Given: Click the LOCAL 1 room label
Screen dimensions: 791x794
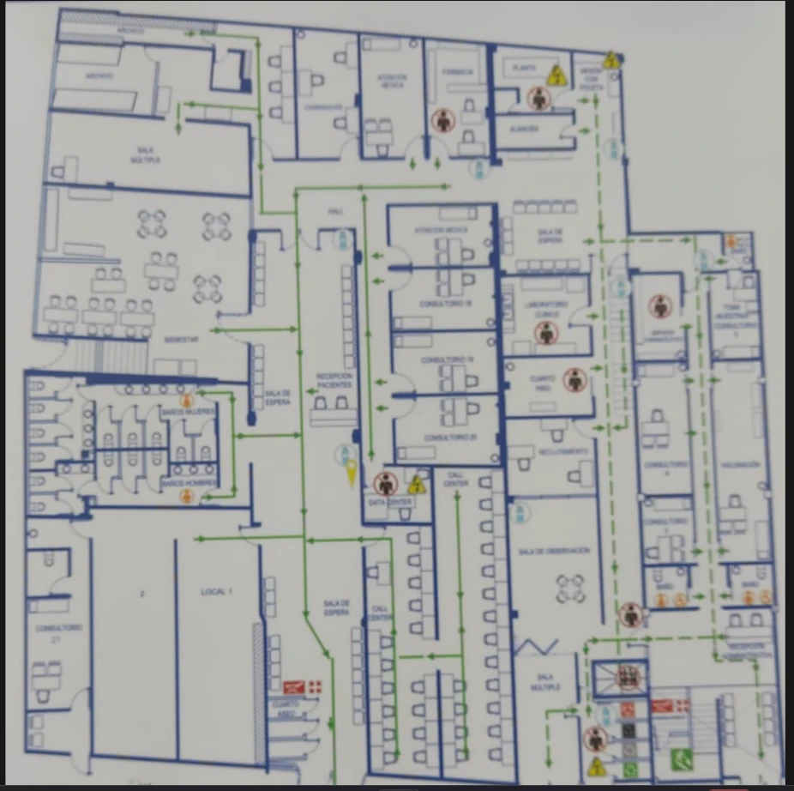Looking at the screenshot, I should click(x=217, y=593).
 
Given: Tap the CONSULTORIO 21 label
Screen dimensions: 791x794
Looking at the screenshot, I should click(x=59, y=632).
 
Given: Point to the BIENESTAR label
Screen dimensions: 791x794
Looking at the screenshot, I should click(x=182, y=341).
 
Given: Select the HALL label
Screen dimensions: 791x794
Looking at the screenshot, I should click(x=335, y=212).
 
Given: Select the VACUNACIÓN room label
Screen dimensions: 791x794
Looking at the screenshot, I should click(x=741, y=465).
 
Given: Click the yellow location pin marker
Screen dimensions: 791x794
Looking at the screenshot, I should click(x=352, y=473).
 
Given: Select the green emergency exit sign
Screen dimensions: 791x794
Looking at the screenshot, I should click(x=683, y=758).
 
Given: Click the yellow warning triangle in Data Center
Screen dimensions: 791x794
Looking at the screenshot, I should click(x=417, y=486).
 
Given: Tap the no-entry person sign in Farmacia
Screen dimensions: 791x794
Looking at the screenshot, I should click(x=443, y=120).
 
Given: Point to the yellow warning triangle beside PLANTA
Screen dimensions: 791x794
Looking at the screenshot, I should click(x=556, y=75).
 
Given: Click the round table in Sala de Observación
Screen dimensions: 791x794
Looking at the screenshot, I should click(x=569, y=589).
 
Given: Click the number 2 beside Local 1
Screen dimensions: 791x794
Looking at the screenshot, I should click(x=142, y=593).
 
